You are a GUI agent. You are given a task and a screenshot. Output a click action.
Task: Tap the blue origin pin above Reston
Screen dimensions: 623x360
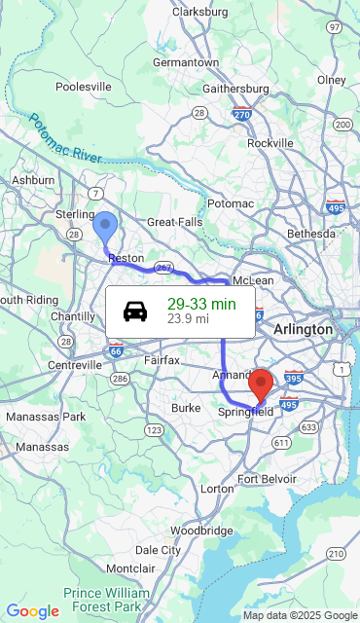pos(104,226)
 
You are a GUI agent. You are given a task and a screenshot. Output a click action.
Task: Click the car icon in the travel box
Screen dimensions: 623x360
pos(135,311)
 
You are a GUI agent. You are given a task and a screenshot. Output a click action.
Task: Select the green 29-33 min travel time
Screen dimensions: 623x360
pos(201,305)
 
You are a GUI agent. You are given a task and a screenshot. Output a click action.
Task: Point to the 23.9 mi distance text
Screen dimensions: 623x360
pos(188,318)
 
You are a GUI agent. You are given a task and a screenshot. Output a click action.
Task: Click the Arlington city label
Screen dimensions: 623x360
pos(303,330)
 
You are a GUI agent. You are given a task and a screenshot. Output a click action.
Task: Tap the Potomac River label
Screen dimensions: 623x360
pos(66,138)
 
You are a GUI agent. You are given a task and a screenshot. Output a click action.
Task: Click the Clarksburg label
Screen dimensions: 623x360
pos(199,12)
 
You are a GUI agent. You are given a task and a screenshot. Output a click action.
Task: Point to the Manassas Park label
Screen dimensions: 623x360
pos(46,417)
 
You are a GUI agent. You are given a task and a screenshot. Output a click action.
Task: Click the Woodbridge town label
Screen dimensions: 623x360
pos(201,531)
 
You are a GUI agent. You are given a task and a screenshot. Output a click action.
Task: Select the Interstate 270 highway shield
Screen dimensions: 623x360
pos(242,114)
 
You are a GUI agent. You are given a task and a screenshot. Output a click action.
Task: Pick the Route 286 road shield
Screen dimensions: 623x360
pos(120,379)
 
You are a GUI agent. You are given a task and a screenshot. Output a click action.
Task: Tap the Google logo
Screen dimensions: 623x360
pos(32,611)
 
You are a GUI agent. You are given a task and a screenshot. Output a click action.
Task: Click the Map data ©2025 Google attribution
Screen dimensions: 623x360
pos(300,615)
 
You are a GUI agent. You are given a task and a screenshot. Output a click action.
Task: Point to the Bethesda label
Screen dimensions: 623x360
pos(310,234)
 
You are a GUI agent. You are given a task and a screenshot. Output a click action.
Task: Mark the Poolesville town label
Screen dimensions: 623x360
pos(84,87)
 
